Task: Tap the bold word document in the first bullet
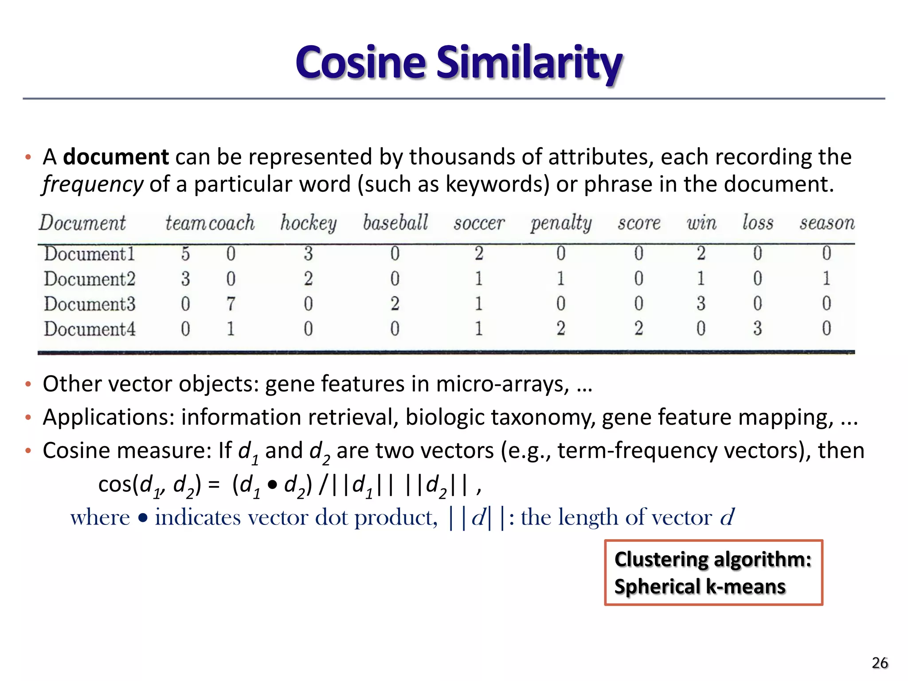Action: point(116,157)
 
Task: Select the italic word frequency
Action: point(93,184)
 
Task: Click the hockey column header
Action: point(308,223)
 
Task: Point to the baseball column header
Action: point(395,222)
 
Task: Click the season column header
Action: point(827,223)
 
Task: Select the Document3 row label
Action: point(90,304)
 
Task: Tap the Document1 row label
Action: point(89,254)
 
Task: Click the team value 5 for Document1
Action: point(185,254)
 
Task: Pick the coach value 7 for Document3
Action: point(231,304)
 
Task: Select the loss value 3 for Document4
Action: point(757,329)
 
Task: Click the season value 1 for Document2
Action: point(826,279)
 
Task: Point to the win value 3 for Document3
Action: point(701,304)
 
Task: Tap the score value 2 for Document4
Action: point(638,329)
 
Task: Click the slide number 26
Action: point(880,663)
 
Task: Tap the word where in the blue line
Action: point(100,518)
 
